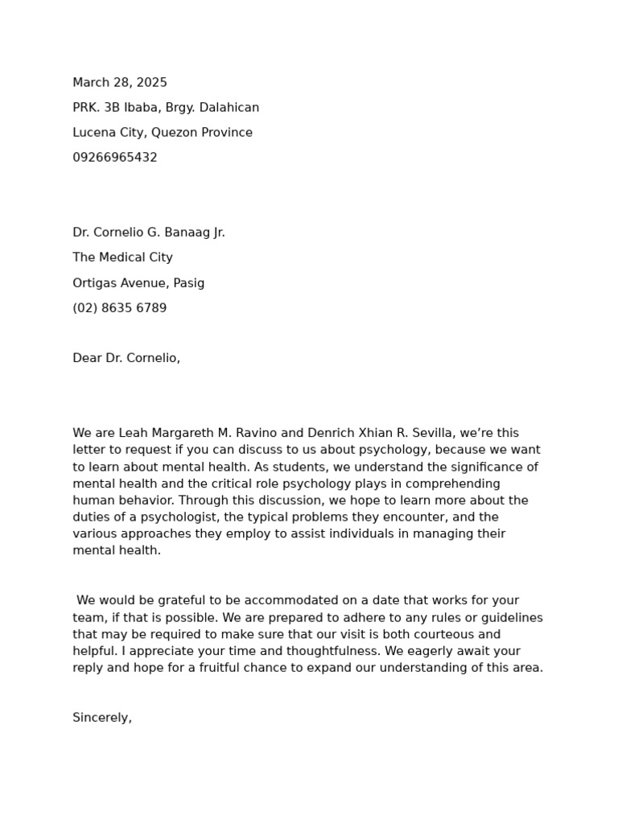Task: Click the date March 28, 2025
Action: click(x=120, y=83)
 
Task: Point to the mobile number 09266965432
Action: click(x=115, y=158)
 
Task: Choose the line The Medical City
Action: click(x=122, y=257)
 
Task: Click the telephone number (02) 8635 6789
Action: click(x=120, y=308)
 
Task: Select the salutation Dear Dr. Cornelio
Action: click(x=126, y=358)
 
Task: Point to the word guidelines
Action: click(x=510, y=618)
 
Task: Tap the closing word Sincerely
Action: click(x=102, y=718)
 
